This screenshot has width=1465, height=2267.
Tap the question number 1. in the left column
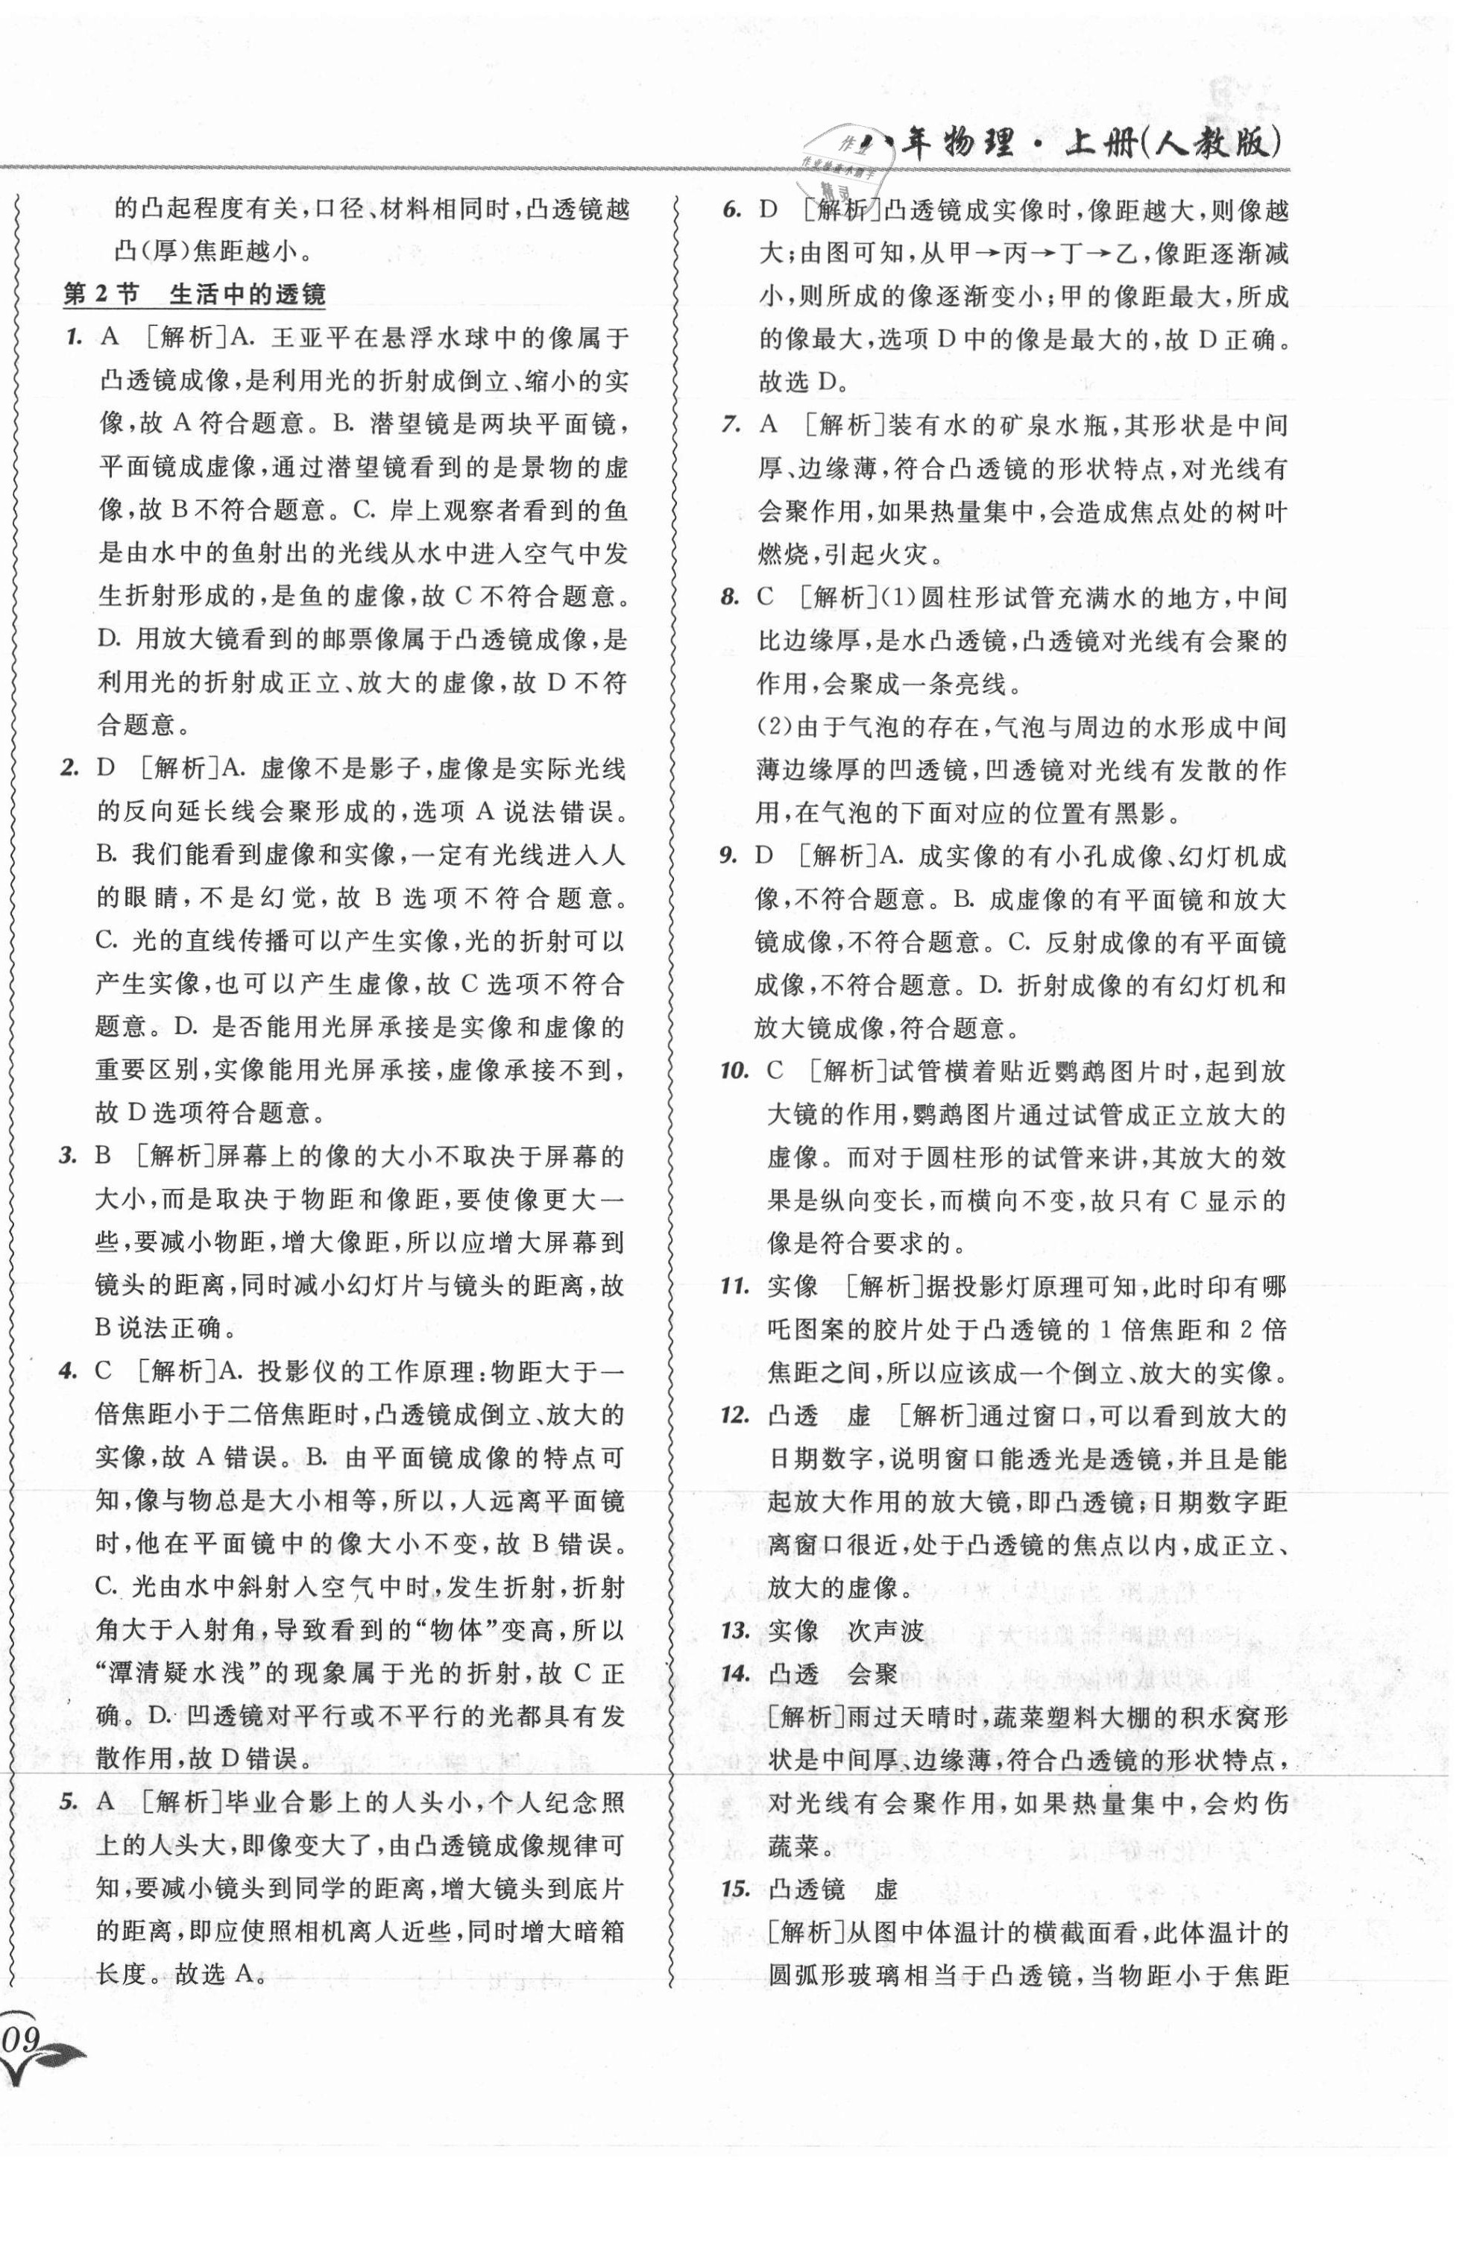(69, 338)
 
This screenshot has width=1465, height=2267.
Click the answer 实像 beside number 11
(793, 1287)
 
